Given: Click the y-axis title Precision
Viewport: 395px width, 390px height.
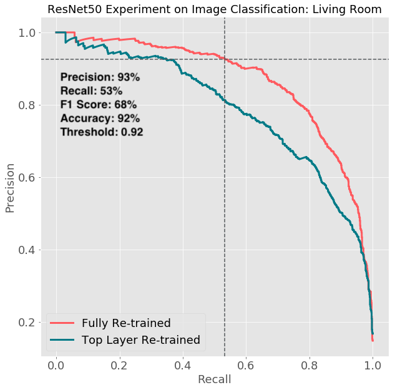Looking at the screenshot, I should pyautogui.click(x=11, y=188).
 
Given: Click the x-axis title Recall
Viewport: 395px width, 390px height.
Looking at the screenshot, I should pyautogui.click(x=214, y=379).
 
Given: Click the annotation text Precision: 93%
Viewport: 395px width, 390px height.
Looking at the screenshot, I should pyautogui.click(x=100, y=77).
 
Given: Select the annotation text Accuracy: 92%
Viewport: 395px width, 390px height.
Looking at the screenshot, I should pyautogui.click(x=100, y=119).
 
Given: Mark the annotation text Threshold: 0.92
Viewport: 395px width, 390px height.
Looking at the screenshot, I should pyautogui.click(x=102, y=132).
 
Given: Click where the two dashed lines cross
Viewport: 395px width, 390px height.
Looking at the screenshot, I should pyautogui.click(x=225, y=59).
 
